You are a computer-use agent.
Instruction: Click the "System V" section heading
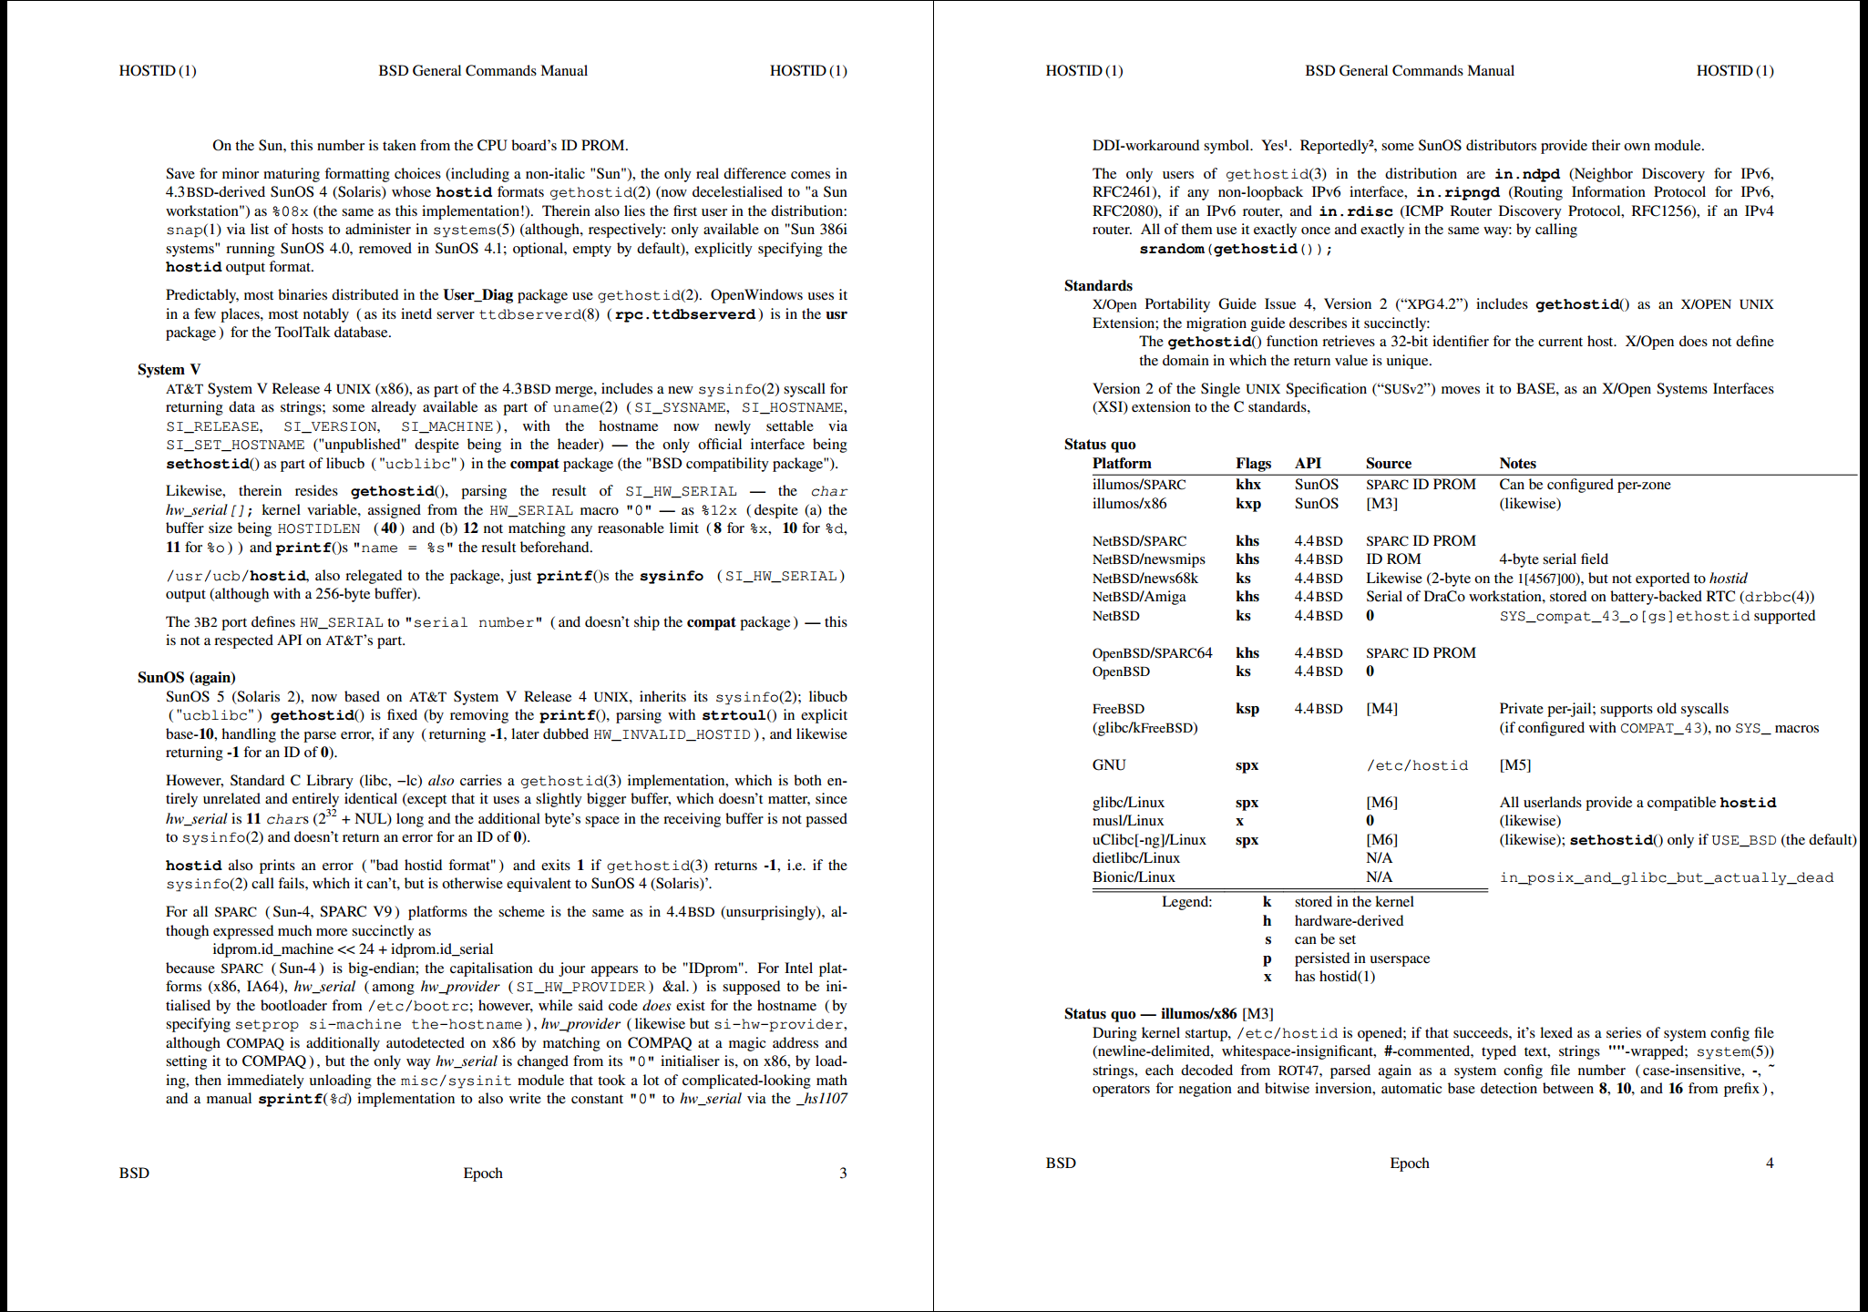click(x=169, y=369)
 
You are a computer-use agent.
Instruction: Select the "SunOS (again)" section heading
click(x=186, y=677)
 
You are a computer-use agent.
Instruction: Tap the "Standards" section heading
click(x=1098, y=285)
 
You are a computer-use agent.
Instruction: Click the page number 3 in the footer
click(x=843, y=1173)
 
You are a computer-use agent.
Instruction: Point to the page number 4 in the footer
click(x=1770, y=1163)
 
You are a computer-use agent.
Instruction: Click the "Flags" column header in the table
click(x=1253, y=463)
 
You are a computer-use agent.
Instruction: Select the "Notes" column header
click(x=1517, y=463)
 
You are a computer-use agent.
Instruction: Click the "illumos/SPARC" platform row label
click(x=1139, y=484)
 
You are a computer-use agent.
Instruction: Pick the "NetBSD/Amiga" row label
click(x=1139, y=597)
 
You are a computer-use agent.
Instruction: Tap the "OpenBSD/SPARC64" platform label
click(x=1152, y=652)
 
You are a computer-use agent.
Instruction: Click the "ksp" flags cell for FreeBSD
click(x=1247, y=708)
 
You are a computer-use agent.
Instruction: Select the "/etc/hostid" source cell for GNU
click(x=1417, y=765)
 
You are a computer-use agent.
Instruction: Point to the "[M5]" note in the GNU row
click(x=1514, y=765)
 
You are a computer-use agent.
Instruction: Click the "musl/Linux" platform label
click(x=1127, y=821)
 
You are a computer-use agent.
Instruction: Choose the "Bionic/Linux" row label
click(x=1134, y=876)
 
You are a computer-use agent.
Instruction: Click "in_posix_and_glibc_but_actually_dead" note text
click(x=1666, y=877)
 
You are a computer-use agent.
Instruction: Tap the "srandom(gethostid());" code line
click(x=1236, y=249)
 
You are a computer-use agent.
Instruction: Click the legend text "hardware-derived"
click(x=1349, y=920)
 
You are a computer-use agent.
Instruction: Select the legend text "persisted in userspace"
click(x=1361, y=958)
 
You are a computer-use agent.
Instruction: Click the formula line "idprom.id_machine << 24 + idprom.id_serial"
click(x=353, y=948)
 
